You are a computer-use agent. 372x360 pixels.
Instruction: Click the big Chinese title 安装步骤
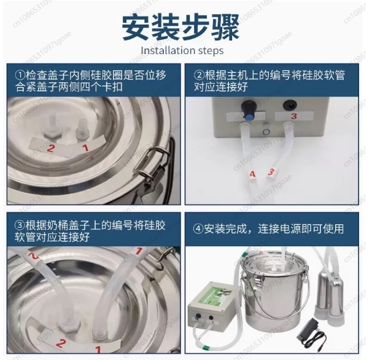(x=180, y=28)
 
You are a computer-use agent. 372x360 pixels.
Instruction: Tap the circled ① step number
(x=20, y=76)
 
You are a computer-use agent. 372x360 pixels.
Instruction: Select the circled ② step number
(x=199, y=76)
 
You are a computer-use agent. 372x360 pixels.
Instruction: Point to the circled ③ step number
(x=20, y=225)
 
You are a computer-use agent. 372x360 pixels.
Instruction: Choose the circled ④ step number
(x=198, y=229)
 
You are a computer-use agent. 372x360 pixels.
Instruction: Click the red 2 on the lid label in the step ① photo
(x=51, y=148)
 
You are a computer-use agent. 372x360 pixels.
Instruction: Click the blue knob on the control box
(x=249, y=116)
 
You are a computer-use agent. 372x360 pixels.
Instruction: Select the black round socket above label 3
(x=290, y=105)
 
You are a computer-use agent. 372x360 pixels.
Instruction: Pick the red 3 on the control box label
(x=294, y=116)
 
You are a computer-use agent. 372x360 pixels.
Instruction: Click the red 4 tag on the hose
(x=252, y=174)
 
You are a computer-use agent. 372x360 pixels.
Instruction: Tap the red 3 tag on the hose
(x=271, y=171)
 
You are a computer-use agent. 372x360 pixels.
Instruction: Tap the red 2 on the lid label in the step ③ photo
(x=61, y=343)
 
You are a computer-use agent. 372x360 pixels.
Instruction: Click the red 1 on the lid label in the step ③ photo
(x=98, y=349)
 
